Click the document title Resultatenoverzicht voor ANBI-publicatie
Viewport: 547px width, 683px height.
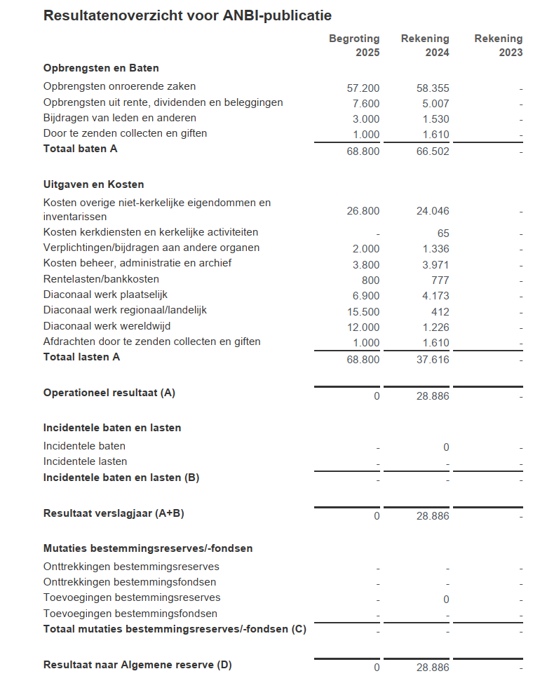(187, 15)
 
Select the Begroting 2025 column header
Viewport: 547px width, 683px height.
(354, 46)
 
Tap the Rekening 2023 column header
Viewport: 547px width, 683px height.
(498, 46)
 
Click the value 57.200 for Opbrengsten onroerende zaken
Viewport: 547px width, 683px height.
(363, 88)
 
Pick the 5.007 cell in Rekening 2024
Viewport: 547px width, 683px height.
(433, 104)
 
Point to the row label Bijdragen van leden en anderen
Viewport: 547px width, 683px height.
(120, 118)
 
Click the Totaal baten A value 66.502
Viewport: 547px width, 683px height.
(433, 151)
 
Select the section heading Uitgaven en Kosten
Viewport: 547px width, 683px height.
(93, 184)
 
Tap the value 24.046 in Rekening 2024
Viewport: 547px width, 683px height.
(433, 211)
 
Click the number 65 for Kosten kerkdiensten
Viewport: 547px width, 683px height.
(443, 234)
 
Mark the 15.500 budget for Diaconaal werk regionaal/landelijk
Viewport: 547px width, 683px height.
(363, 311)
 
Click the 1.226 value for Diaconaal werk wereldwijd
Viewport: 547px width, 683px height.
(435, 327)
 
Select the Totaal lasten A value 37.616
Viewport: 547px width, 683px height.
(433, 360)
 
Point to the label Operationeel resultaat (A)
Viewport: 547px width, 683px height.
(109, 393)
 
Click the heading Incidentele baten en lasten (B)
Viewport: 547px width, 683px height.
(121, 478)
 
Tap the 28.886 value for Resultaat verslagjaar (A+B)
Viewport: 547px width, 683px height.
(433, 516)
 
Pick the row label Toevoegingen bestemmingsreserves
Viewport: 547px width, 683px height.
(132, 597)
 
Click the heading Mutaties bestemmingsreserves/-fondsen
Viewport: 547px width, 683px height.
(148, 548)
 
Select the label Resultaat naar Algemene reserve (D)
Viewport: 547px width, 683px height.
(137, 665)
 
